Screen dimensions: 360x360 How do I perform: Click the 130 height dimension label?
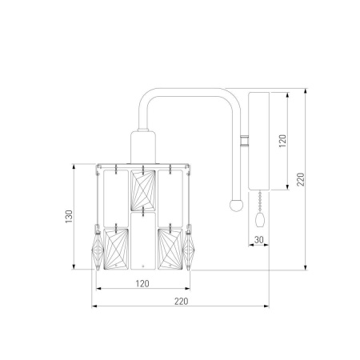click(69, 216)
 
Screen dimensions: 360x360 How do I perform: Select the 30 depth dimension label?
click(258, 240)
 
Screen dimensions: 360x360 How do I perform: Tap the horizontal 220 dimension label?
click(181, 302)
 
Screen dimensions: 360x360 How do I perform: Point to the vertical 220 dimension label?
click(301, 179)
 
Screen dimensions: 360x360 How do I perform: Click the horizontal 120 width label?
click(142, 283)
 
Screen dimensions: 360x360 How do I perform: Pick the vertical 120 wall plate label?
click(282, 141)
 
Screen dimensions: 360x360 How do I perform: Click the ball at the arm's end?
click(236, 205)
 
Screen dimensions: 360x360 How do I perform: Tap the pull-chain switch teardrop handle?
click(259, 219)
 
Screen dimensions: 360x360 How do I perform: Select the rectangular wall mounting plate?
click(258, 142)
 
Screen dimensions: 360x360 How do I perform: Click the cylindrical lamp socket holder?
click(143, 147)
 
